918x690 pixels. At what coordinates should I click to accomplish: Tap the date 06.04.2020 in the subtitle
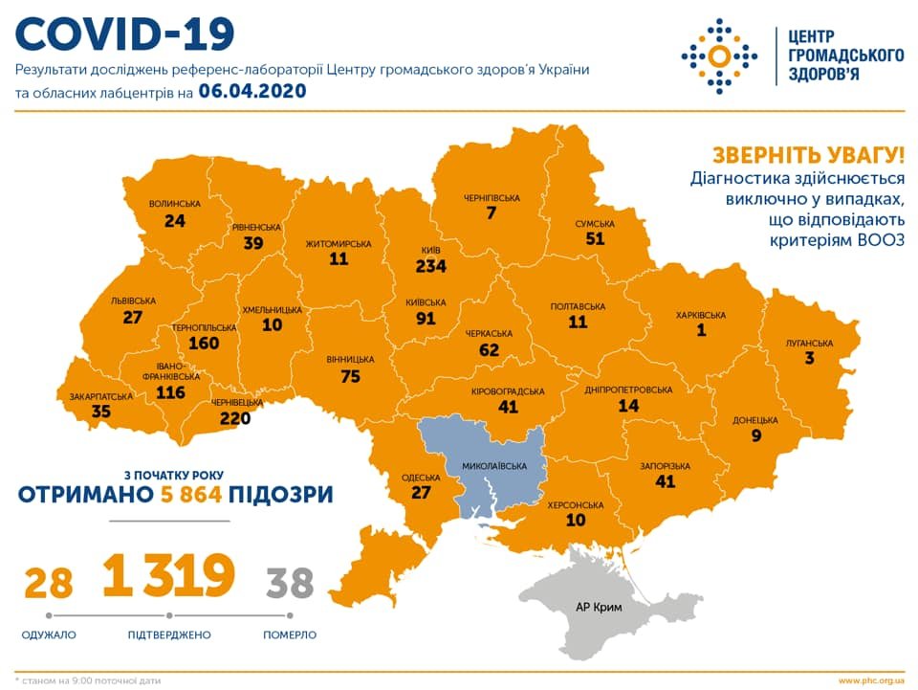pos(251,92)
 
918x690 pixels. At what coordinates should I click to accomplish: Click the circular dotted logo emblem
pos(719,55)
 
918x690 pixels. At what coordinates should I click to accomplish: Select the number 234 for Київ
pos(430,267)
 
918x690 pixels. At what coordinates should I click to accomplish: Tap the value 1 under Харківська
pos(700,330)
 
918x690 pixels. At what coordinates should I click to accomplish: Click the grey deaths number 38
pos(290,582)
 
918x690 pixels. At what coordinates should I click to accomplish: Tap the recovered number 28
pos(49,582)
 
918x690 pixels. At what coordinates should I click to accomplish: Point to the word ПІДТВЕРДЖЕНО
pos(168,634)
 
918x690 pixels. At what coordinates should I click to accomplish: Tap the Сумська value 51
pos(595,239)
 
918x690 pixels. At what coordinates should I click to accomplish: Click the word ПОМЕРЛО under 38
pos(290,634)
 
